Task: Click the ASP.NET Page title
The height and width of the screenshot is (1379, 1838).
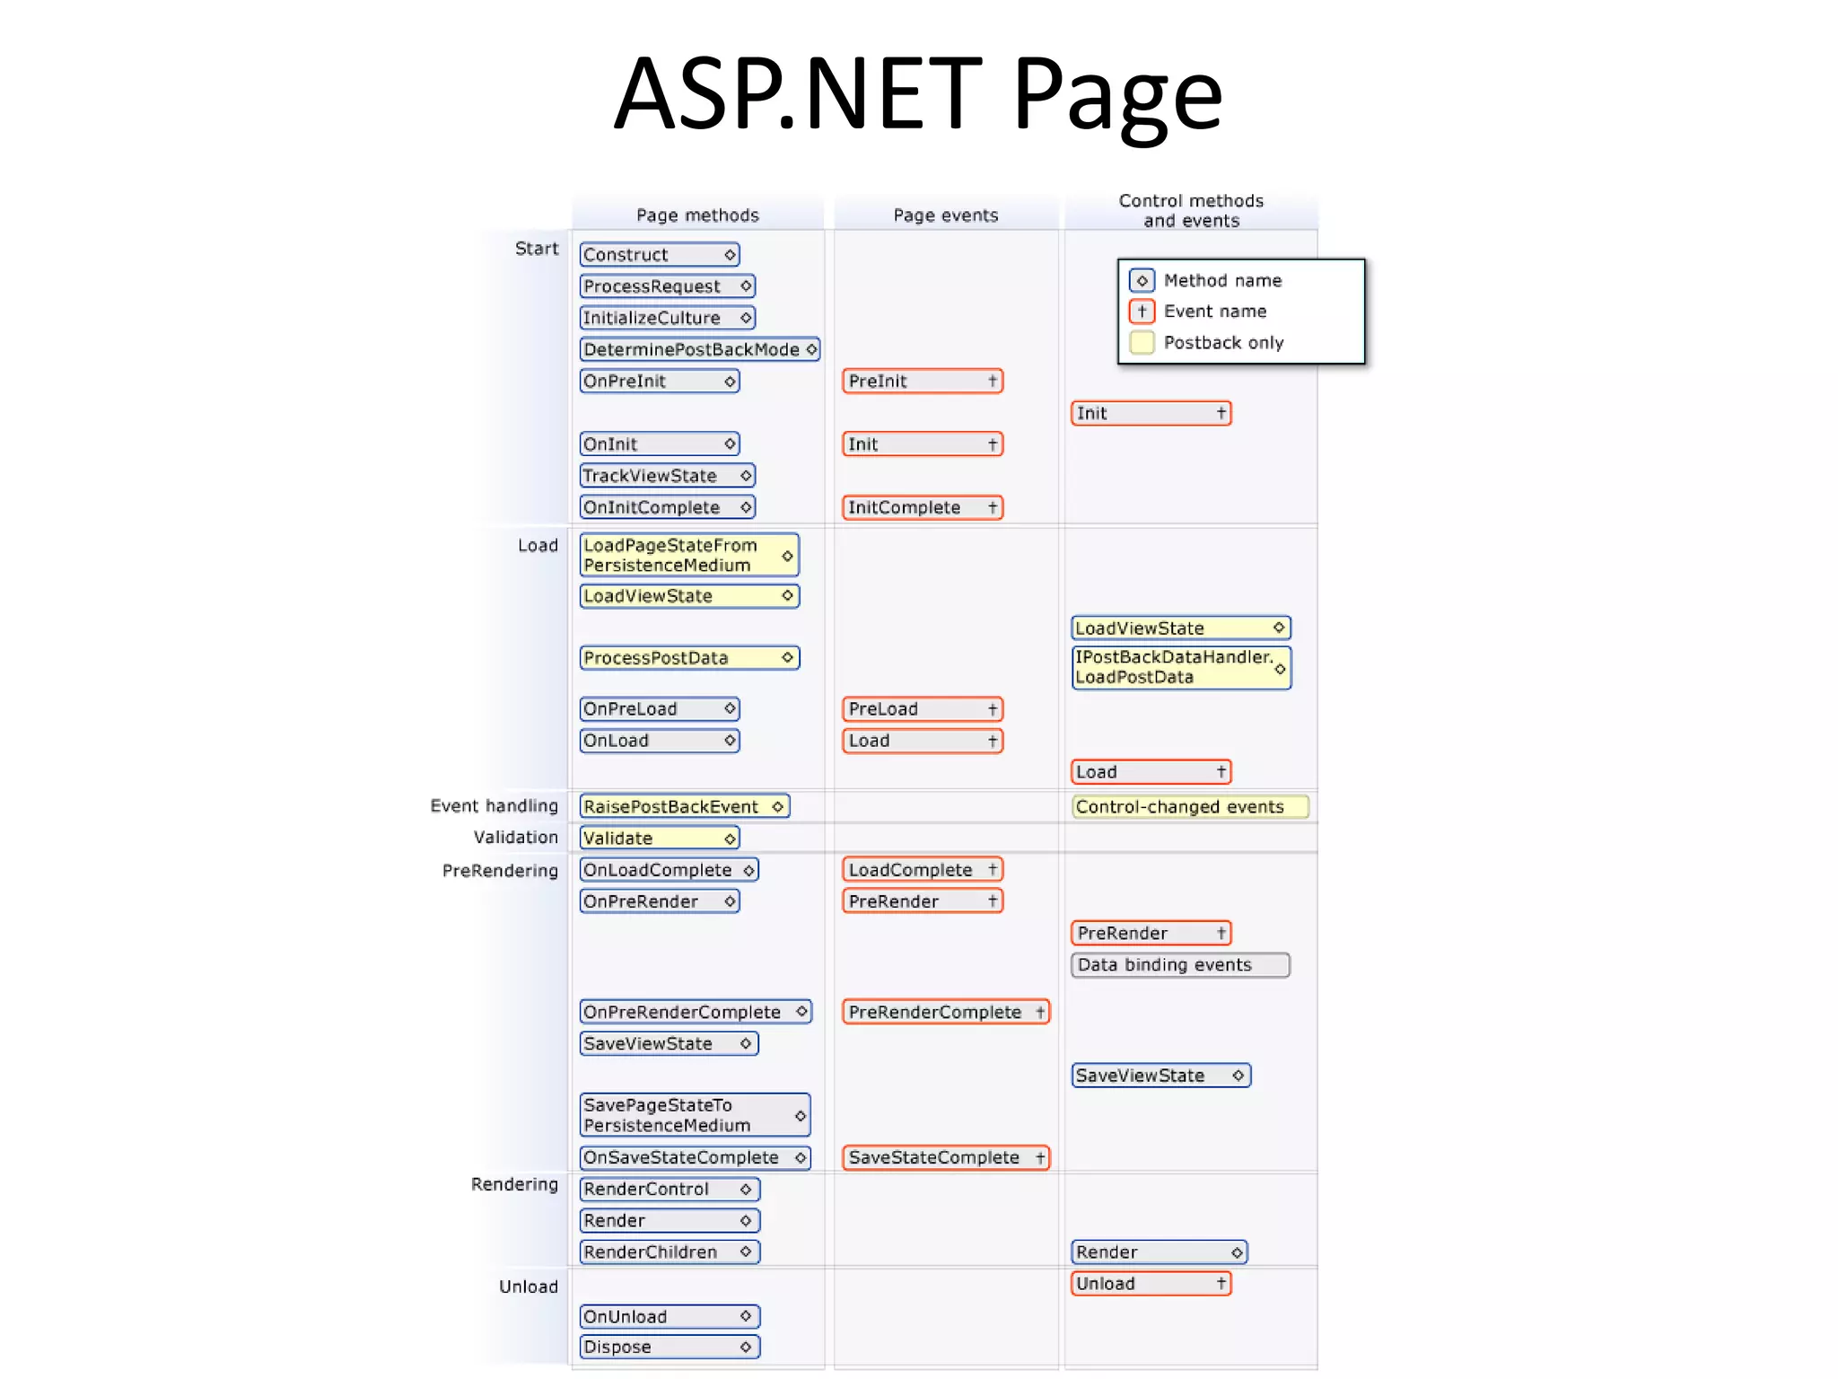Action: (x=917, y=94)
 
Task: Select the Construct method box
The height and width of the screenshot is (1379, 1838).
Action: (x=659, y=255)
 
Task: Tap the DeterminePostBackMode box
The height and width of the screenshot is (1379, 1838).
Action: (x=699, y=349)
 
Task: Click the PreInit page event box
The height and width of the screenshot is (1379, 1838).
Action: (x=922, y=382)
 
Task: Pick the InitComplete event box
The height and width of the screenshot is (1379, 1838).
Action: (x=922, y=508)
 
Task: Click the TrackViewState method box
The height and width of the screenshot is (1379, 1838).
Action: (x=667, y=476)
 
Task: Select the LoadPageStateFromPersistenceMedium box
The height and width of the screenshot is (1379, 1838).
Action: (x=688, y=555)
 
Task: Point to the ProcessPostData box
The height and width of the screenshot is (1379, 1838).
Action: (x=688, y=658)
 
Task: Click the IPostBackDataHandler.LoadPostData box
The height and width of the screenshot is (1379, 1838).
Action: (x=1180, y=667)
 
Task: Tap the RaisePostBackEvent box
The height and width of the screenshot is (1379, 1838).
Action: (x=684, y=807)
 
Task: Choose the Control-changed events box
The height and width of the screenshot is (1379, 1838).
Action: (x=1189, y=807)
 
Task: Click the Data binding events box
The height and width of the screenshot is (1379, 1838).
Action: (x=1179, y=965)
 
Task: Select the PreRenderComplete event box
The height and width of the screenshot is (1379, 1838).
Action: (x=945, y=1013)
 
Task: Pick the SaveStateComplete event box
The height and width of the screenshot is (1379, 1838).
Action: (x=945, y=1158)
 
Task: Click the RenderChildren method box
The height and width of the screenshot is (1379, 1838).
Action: (x=669, y=1252)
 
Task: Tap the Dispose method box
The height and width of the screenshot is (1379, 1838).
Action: (x=669, y=1347)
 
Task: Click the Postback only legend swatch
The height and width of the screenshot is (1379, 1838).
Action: (x=1142, y=343)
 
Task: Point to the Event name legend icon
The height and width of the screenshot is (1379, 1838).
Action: (x=1142, y=312)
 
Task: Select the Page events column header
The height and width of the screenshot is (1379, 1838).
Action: (x=945, y=215)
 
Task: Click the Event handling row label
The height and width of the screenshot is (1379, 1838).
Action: (x=494, y=806)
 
